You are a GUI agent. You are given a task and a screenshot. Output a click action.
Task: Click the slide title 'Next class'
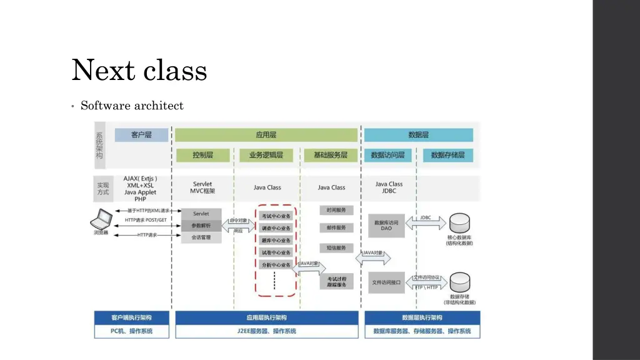click(x=139, y=70)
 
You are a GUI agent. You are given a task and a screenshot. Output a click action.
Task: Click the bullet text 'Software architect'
click(x=132, y=106)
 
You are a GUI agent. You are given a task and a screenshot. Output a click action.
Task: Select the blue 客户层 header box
click(x=141, y=135)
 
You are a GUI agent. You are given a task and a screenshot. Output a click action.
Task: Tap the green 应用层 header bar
click(x=266, y=135)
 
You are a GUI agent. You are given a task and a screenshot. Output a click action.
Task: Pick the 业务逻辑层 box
click(x=266, y=155)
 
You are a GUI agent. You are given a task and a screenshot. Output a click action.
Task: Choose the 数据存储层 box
click(x=447, y=155)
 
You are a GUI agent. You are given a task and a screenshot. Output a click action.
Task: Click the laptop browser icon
click(x=101, y=219)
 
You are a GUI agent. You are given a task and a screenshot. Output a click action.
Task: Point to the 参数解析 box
click(x=201, y=226)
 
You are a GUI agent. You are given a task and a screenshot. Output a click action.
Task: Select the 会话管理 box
click(x=201, y=237)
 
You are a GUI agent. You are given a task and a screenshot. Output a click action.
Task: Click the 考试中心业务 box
click(x=276, y=216)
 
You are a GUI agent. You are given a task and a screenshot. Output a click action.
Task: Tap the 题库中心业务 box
click(x=276, y=241)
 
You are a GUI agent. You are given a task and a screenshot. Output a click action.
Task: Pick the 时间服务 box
click(x=336, y=210)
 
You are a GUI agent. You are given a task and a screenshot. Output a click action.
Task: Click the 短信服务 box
click(x=336, y=248)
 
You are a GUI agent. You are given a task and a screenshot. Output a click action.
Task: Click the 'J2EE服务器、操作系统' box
click(x=266, y=331)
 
